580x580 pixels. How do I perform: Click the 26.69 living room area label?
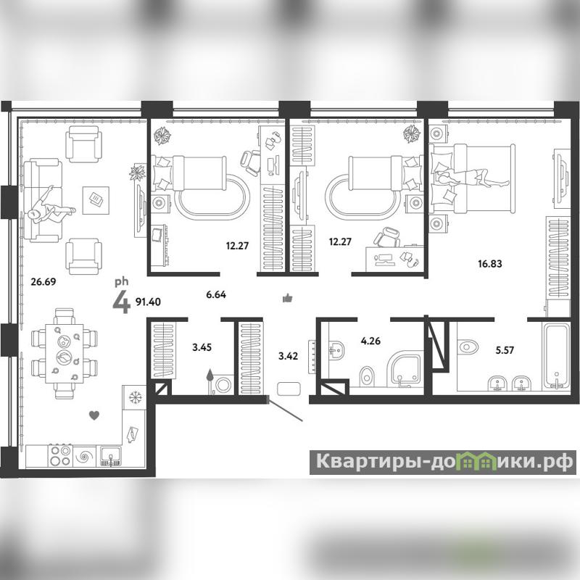pyautogui.click(x=43, y=282)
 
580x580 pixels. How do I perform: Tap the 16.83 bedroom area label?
pyautogui.click(x=490, y=264)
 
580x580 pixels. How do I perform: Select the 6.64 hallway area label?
pyautogui.click(x=216, y=295)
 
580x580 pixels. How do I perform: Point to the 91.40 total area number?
pyautogui.click(x=148, y=302)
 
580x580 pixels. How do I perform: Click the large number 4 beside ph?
pyautogui.click(x=121, y=302)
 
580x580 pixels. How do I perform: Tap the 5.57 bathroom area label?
pyautogui.click(x=505, y=350)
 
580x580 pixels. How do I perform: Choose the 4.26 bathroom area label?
pyautogui.click(x=370, y=341)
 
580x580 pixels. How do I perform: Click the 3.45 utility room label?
pyautogui.click(x=202, y=347)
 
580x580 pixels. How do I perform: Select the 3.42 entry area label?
pyautogui.click(x=288, y=356)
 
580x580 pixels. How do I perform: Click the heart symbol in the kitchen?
pyautogui.click(x=94, y=415)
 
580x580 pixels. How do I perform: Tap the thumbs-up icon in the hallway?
pyautogui.click(x=287, y=298)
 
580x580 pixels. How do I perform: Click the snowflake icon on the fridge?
pyautogui.click(x=135, y=397)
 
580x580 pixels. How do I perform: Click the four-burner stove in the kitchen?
pyautogui.click(x=61, y=456)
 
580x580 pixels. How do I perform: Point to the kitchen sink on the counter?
pyautogui.click(x=109, y=456)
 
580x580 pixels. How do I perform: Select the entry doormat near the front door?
pyautogui.click(x=289, y=389)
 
